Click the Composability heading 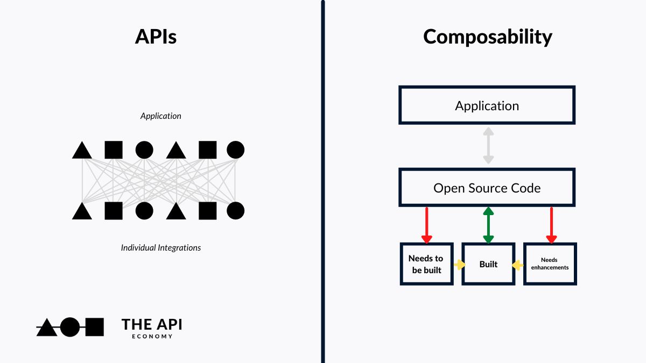(x=487, y=37)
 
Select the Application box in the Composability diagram (x=487, y=105)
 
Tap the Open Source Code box (x=487, y=188)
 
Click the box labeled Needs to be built (x=426, y=264)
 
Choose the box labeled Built (x=488, y=264)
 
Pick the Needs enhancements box (x=550, y=264)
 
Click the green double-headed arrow (x=488, y=225)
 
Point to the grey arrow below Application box (x=488, y=146)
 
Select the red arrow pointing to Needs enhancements (x=551, y=225)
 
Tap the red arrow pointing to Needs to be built (x=426, y=225)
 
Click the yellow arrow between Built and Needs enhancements (x=518, y=265)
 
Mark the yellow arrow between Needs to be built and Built (x=459, y=265)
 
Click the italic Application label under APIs (x=160, y=116)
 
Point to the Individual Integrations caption (x=160, y=248)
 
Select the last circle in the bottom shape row (x=235, y=210)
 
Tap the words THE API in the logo (x=152, y=324)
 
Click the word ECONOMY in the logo (x=152, y=337)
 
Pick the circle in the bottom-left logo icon (x=69, y=327)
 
